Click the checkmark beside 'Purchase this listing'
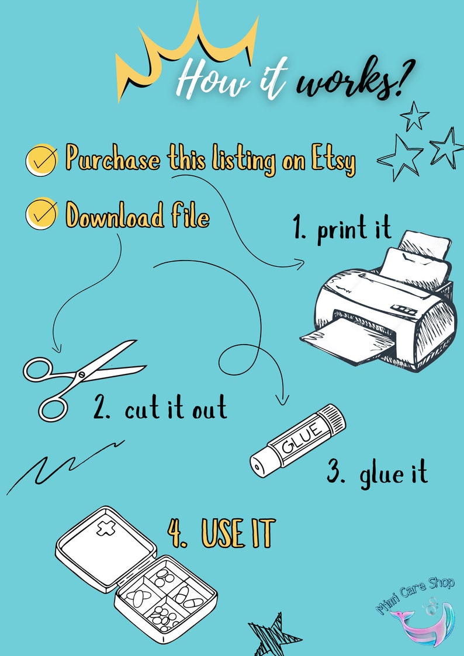click(41, 158)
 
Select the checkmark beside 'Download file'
click(41, 214)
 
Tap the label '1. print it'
click(342, 230)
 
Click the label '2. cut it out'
click(160, 408)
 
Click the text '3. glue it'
click(377, 473)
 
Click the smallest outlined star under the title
click(415, 115)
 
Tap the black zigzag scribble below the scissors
click(64, 464)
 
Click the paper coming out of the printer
click(345, 345)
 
